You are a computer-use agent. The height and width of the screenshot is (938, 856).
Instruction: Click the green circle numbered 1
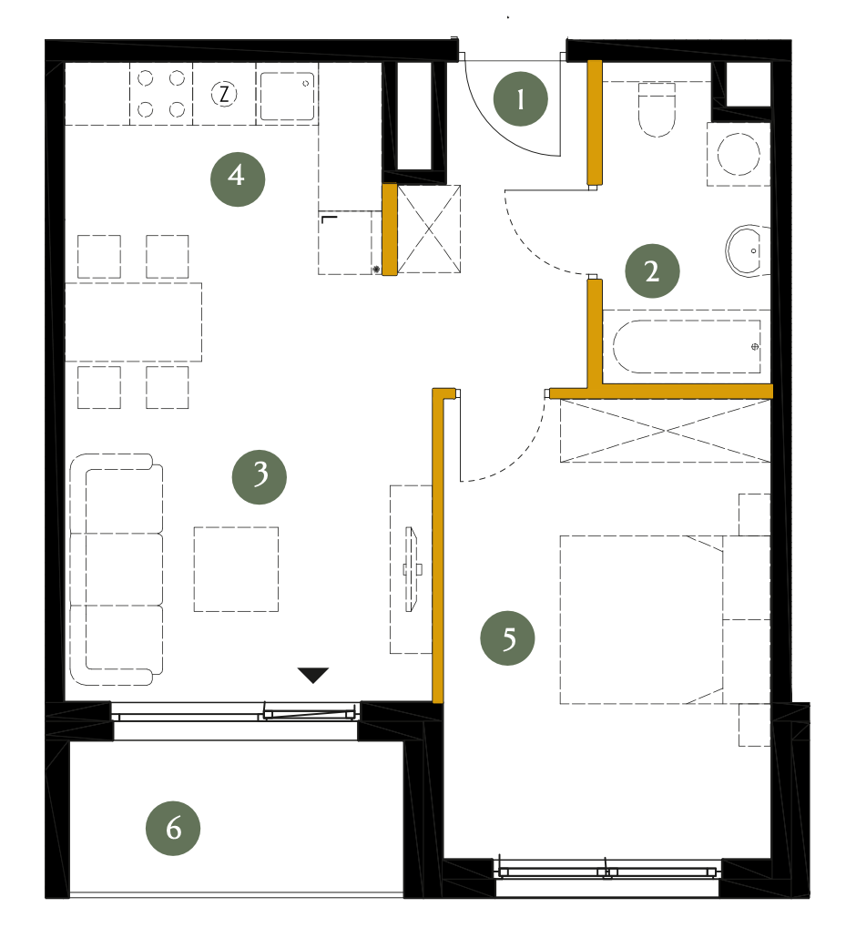[520, 98]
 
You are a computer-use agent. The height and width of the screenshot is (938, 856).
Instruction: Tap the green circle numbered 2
[652, 271]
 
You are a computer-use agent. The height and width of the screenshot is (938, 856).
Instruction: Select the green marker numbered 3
[259, 477]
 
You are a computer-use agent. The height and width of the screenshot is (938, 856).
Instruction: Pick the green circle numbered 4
[238, 178]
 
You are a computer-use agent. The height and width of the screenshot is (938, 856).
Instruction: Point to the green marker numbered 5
[507, 637]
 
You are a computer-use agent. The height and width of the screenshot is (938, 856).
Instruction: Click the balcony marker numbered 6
[173, 828]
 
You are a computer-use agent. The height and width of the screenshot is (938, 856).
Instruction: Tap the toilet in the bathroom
[657, 109]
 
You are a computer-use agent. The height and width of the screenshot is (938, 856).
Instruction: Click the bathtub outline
[687, 347]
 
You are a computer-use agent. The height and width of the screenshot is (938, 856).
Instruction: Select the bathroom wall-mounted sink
[747, 250]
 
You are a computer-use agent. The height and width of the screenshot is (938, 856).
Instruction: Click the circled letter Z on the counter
[224, 94]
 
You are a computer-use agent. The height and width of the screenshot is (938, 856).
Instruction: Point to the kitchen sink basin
[287, 97]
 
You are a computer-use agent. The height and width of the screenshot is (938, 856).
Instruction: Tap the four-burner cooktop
[161, 94]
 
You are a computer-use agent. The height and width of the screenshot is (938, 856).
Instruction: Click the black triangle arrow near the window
[313, 675]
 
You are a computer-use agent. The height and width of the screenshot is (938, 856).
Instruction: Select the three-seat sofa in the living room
[116, 569]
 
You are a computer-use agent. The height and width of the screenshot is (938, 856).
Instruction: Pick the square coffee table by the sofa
[236, 569]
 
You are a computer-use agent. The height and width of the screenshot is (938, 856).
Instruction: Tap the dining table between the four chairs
[133, 321]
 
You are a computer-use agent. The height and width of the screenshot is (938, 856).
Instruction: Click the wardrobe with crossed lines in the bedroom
[665, 431]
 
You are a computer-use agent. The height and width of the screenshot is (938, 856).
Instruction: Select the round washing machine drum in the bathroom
[739, 154]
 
